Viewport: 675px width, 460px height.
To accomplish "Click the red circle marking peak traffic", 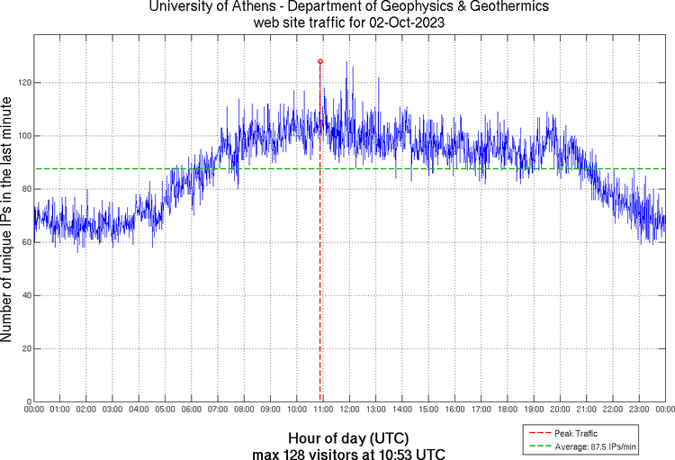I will [320, 61].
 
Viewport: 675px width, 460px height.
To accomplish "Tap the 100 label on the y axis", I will [24, 136].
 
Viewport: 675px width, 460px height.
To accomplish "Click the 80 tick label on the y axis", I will [26, 189].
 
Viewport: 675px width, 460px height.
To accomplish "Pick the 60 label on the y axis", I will [26, 242].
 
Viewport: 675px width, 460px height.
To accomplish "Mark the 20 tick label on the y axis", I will [26, 348].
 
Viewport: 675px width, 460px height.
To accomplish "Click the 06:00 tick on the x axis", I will [192, 410].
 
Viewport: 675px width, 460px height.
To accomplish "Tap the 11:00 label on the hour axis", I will [323, 410].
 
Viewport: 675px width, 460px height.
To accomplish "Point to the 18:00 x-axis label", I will [508, 410].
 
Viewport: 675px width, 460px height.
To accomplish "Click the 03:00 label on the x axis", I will [113, 410].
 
